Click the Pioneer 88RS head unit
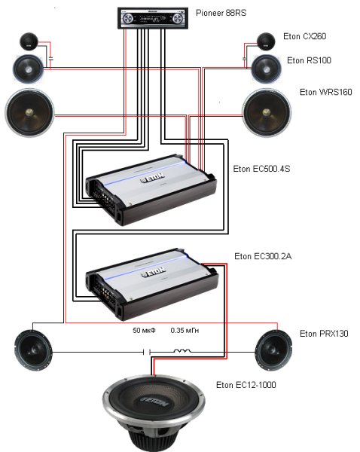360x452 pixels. click(153, 18)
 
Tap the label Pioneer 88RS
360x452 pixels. click(221, 13)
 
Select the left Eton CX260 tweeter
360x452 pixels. click(29, 41)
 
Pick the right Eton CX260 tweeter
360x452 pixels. click(266, 41)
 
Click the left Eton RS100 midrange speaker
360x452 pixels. click(29, 69)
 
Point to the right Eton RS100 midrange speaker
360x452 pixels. click(267, 69)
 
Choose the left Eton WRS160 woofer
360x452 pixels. click(29, 113)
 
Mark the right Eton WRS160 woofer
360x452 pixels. click(267, 113)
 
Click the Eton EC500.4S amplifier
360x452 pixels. click(151, 190)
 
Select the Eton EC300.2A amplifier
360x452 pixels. click(151, 284)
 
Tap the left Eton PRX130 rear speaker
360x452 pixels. click(33, 350)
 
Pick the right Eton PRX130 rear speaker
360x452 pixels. click(274, 350)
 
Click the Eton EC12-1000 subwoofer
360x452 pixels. click(154, 413)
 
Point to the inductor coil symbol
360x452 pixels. click(182, 351)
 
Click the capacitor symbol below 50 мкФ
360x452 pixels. click(147, 352)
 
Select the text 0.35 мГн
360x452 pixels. click(185, 331)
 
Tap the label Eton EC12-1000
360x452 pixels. click(246, 385)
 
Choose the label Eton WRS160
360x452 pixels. click(325, 92)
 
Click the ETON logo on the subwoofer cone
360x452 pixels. click(154, 402)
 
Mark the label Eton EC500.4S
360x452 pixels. click(261, 169)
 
